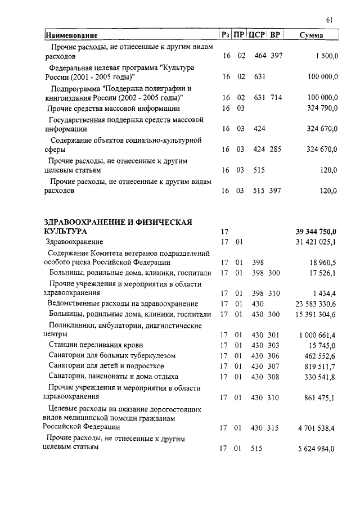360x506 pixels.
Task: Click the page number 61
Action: point(330,21)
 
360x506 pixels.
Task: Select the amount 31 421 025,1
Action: point(316,242)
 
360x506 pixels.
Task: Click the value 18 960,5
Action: point(322,263)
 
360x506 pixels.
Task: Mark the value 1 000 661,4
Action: point(318,335)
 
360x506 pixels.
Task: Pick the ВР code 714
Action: point(276,98)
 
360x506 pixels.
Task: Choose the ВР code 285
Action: point(276,150)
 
